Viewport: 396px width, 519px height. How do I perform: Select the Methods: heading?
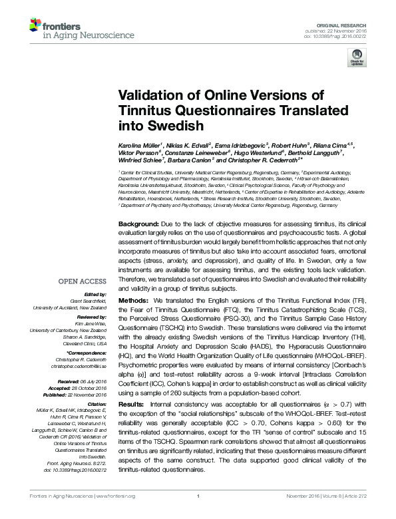click(134, 301)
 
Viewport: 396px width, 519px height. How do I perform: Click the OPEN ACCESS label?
click(82, 281)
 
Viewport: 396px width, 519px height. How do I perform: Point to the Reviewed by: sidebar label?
click(89, 318)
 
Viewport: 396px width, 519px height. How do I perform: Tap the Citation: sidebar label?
click(96, 385)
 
